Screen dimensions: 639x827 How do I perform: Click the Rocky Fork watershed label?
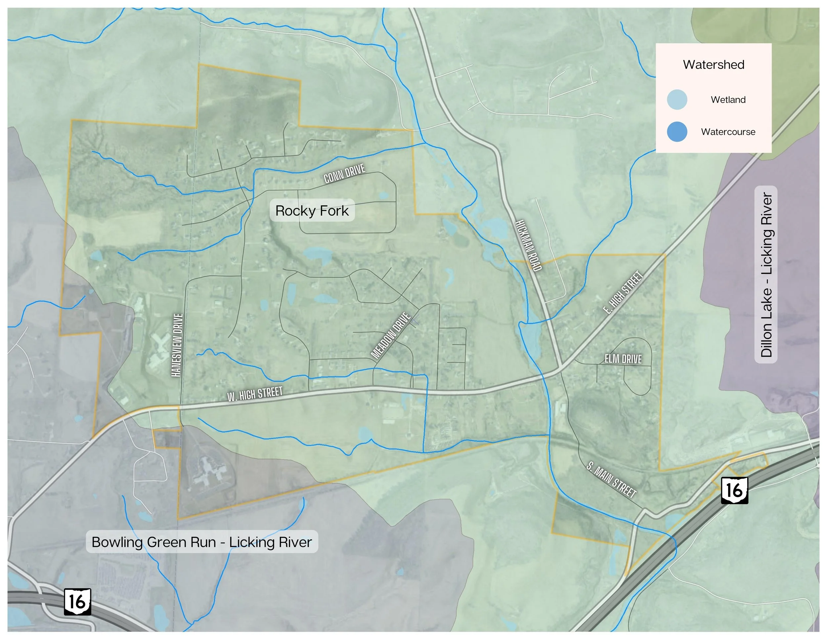(x=312, y=210)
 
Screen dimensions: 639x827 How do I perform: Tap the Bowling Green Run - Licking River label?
(x=201, y=542)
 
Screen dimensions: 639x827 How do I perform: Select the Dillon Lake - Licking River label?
(x=766, y=275)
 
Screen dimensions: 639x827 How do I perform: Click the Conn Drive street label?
(x=344, y=174)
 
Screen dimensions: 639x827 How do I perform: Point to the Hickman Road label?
(x=529, y=245)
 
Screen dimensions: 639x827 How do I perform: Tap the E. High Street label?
(x=623, y=292)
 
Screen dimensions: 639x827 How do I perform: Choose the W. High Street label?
(x=255, y=394)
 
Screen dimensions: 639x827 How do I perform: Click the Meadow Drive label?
(x=391, y=335)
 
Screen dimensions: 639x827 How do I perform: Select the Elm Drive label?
(x=623, y=359)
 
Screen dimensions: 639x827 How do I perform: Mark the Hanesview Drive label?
(x=177, y=345)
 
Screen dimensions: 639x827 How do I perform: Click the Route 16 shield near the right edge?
(x=734, y=490)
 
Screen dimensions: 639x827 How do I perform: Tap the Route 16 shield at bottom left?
(x=77, y=602)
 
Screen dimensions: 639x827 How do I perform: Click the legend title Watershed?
(x=714, y=65)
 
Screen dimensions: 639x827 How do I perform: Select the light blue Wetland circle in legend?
(x=677, y=100)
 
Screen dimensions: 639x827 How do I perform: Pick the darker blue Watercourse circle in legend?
(x=677, y=132)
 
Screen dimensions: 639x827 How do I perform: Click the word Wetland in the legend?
(x=728, y=100)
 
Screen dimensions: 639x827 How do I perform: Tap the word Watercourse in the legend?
(x=728, y=132)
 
